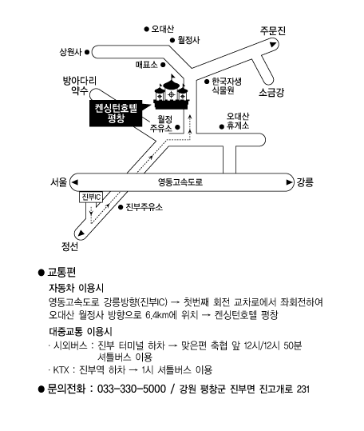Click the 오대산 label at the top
pyautogui.click(x=162, y=29)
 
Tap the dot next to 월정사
pyautogui.click(x=172, y=41)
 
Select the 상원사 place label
pyautogui.click(x=71, y=52)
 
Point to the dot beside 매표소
pyautogui.click(x=163, y=65)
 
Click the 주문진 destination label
pyautogui.click(x=273, y=30)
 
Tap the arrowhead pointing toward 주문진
pyautogui.click(x=273, y=44)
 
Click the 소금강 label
pyautogui.click(x=271, y=93)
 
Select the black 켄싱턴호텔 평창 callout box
pyautogui.click(x=116, y=114)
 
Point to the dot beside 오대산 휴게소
pyautogui.click(x=222, y=126)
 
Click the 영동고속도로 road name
pyautogui.click(x=180, y=182)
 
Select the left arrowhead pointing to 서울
pyautogui.click(x=75, y=182)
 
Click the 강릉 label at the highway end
pyautogui.click(x=305, y=182)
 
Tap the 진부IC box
pyautogui.click(x=91, y=197)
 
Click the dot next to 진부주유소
pyautogui.click(x=121, y=207)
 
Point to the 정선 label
pyautogui.click(x=69, y=246)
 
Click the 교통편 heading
pyautogui.click(x=61, y=272)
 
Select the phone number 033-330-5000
pyautogui.click(x=132, y=389)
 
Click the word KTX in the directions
pyautogui.click(x=61, y=370)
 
